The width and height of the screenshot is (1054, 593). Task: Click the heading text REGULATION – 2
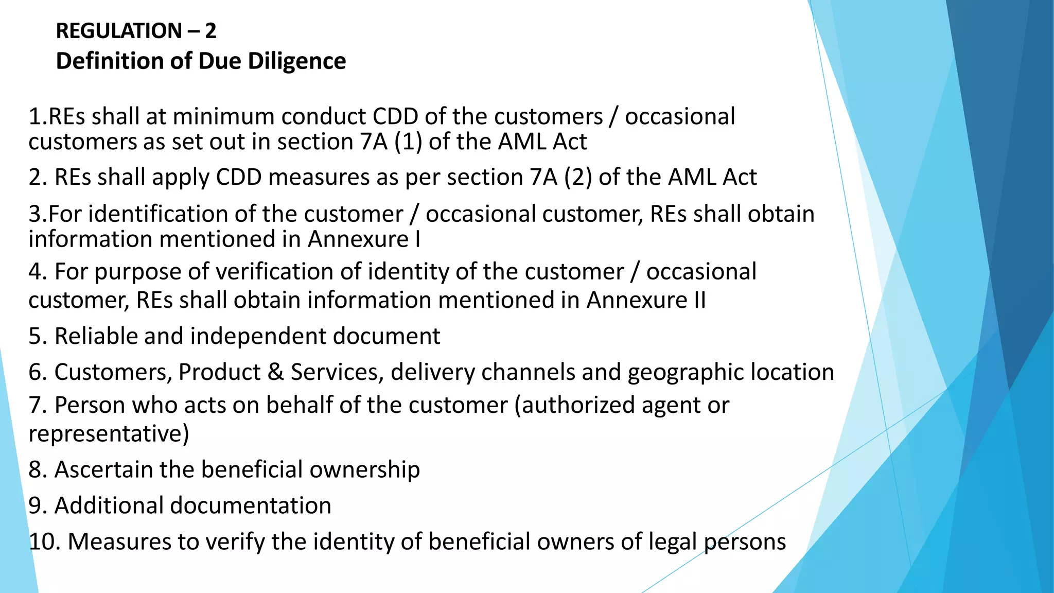pos(136,31)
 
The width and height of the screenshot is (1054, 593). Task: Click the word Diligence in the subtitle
pos(297,61)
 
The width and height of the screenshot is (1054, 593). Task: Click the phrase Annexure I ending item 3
pos(364,239)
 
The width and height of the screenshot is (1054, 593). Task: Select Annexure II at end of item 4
pos(646,300)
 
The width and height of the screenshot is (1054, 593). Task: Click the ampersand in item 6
pos(276,372)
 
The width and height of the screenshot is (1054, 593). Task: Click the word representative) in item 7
pos(109,433)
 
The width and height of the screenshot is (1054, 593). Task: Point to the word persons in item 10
pos(745,542)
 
